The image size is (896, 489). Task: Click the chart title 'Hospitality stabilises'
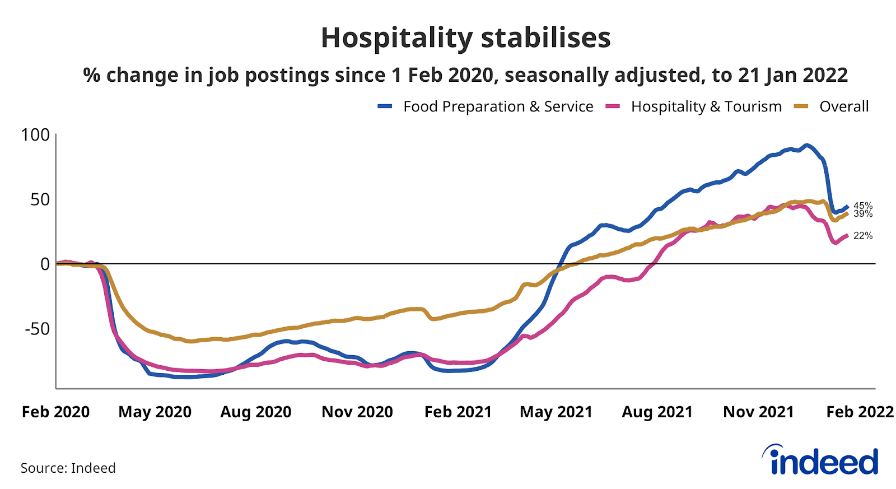tap(465, 38)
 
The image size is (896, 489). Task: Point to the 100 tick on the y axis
tap(35, 135)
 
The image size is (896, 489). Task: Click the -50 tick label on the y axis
tap(37, 329)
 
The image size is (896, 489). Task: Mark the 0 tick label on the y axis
tap(45, 264)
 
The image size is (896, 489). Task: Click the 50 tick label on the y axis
tap(40, 199)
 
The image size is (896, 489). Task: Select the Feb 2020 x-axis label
tap(55, 412)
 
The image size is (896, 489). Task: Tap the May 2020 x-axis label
tap(155, 412)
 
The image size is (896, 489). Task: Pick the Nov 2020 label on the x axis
tap(357, 412)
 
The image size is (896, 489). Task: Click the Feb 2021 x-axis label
tap(458, 412)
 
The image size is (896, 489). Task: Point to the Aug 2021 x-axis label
tap(657, 412)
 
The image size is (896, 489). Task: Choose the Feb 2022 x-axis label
tap(860, 412)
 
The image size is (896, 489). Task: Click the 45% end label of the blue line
tap(863, 206)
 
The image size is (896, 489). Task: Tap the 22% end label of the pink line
tap(863, 236)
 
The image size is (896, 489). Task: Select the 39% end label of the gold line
tap(863, 214)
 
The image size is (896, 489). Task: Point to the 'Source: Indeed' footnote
tap(68, 468)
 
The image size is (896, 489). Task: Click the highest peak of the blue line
tap(806, 146)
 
